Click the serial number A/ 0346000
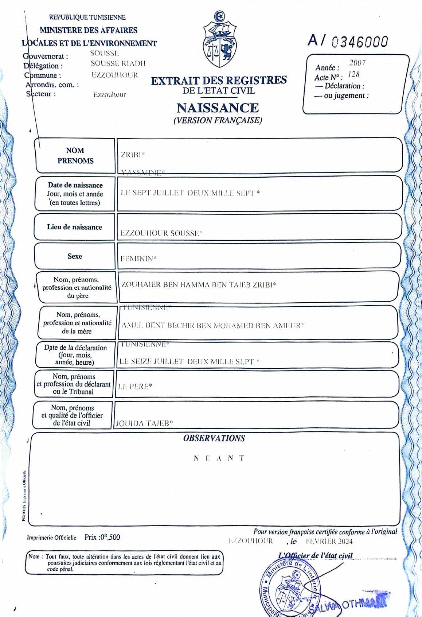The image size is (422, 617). [348, 41]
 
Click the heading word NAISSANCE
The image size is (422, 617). [218, 108]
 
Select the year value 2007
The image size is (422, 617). [357, 63]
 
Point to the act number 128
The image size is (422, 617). [353, 74]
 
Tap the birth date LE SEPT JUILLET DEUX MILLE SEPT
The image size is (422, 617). [190, 193]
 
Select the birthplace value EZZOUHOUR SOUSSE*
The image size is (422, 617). [161, 233]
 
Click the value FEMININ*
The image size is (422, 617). [138, 259]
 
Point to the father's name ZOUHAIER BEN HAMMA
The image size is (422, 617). [198, 285]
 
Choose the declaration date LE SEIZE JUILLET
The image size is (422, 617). [189, 361]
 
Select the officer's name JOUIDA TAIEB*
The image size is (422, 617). [144, 423]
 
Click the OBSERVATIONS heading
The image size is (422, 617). [214, 438]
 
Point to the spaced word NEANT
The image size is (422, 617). [219, 458]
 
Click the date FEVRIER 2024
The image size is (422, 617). [329, 541]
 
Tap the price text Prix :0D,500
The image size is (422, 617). [102, 537]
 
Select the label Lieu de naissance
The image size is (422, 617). [74, 227]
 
